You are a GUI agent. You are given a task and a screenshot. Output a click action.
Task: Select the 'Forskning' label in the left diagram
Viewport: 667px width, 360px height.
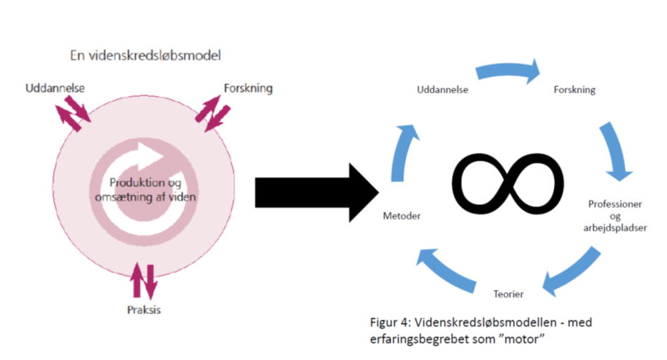[x=248, y=88]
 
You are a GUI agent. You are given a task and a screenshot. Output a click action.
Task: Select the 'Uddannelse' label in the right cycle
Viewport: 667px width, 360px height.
[x=442, y=91]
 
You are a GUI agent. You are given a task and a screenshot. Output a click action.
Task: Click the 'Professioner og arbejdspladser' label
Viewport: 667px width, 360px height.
[x=615, y=216]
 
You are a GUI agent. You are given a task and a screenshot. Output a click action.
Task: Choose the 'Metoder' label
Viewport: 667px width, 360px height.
[x=402, y=216]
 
